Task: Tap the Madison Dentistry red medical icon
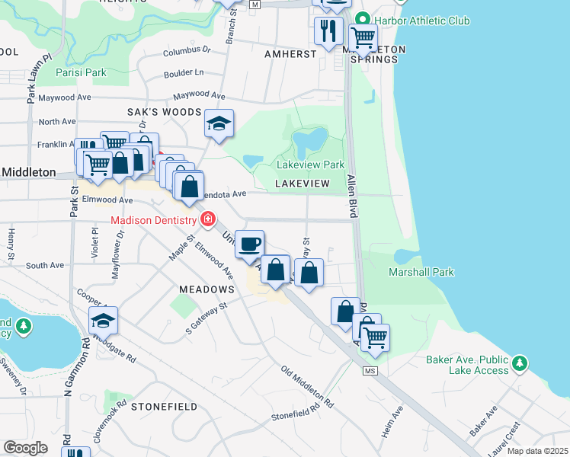coord(206,220)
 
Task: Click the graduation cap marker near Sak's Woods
coord(219,124)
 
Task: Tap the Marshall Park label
coord(421,272)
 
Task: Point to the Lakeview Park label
coord(310,165)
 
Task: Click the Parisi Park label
coord(82,74)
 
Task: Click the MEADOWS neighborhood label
coord(207,289)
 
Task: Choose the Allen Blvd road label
coord(353,195)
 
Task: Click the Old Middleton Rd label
coord(307,387)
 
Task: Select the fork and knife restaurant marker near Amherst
coord(328,30)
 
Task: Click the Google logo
coord(25,447)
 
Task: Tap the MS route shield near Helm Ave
coord(370,371)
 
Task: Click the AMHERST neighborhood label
coord(290,54)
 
